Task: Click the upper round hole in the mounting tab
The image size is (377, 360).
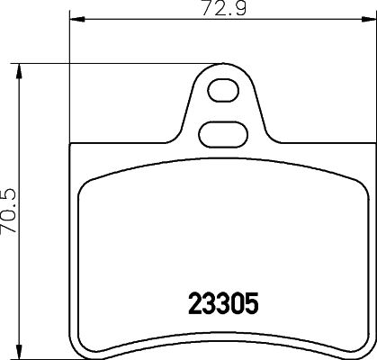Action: pos(220,90)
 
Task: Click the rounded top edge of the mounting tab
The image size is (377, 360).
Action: pos(220,65)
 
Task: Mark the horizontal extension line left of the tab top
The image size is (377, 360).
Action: pos(117,63)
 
